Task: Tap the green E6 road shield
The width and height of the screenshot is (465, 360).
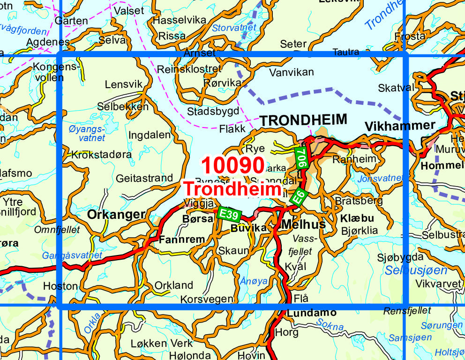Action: [x=298, y=196]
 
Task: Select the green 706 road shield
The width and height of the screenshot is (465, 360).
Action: [x=302, y=158]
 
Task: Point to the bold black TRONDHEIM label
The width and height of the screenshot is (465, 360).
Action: [x=304, y=120]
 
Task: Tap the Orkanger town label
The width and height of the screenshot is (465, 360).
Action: [x=116, y=215]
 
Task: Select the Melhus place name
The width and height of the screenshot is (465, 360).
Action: [x=303, y=225]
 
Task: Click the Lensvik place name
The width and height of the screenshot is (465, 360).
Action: [x=123, y=85]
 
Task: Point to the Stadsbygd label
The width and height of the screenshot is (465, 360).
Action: [x=213, y=112]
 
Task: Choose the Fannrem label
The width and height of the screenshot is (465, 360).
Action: [x=182, y=240]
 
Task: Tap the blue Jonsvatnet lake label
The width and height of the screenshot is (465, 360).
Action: [x=380, y=178]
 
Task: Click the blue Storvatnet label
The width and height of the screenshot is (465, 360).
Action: [x=234, y=28]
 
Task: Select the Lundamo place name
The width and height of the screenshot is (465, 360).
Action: [x=312, y=313]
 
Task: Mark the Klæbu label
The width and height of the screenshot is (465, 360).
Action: [x=357, y=218]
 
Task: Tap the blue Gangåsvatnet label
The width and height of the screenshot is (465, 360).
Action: [x=72, y=255]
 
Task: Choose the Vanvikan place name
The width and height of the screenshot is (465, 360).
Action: [x=292, y=72]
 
